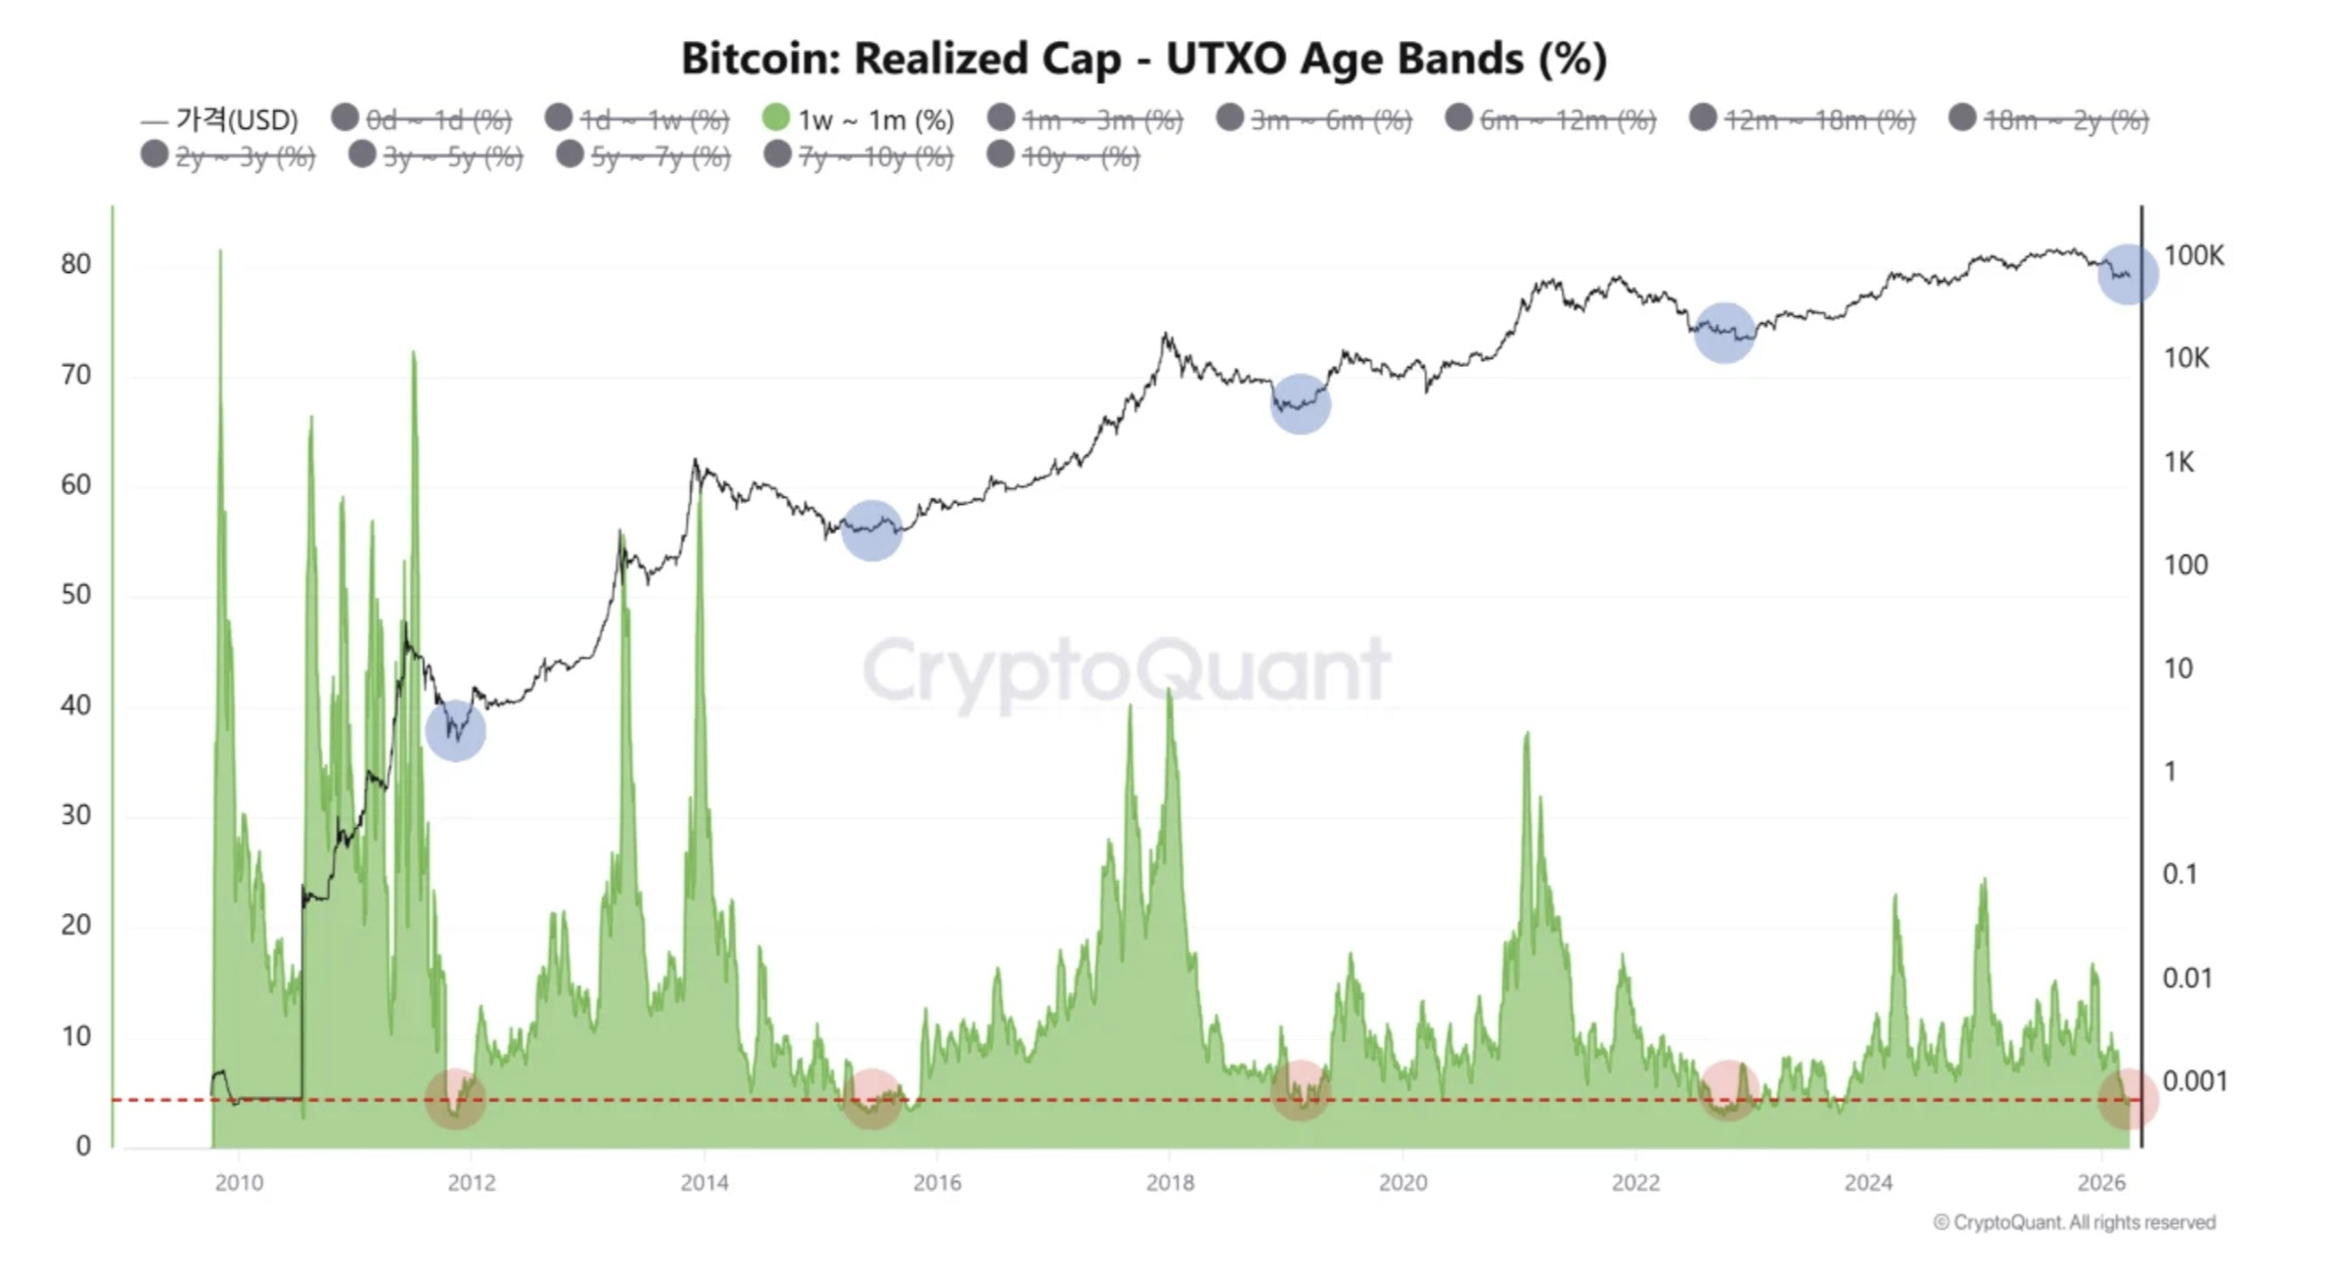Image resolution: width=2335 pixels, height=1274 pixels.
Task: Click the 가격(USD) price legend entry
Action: (221, 120)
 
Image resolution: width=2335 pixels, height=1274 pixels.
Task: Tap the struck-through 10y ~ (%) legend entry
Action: (1065, 157)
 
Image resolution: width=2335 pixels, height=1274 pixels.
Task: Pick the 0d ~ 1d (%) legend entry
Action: (423, 120)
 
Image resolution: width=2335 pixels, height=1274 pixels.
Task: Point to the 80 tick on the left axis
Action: (75, 264)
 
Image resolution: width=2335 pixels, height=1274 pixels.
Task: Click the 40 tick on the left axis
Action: (75, 705)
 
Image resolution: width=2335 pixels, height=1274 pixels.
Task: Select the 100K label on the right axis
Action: (2193, 255)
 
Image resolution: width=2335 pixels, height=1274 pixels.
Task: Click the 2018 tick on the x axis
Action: (1169, 1182)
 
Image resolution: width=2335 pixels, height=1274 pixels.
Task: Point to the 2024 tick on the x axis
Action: (1868, 1182)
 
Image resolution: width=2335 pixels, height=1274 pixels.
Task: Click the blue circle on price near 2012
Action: (456, 731)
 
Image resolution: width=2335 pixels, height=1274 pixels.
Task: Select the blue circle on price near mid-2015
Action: (871, 530)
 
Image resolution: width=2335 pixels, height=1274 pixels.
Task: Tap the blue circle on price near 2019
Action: (1300, 403)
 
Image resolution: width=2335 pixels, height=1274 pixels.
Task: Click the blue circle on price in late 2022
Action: (1723, 333)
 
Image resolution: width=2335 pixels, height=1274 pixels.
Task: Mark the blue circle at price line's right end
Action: (2127, 275)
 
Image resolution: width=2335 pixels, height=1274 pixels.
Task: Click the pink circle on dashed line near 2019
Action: (1300, 1090)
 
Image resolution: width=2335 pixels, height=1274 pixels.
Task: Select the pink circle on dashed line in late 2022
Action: (1728, 1090)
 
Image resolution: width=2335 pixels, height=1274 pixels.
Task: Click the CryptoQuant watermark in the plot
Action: (1125, 671)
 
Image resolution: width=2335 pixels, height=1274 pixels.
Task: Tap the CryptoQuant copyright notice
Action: (2074, 1222)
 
